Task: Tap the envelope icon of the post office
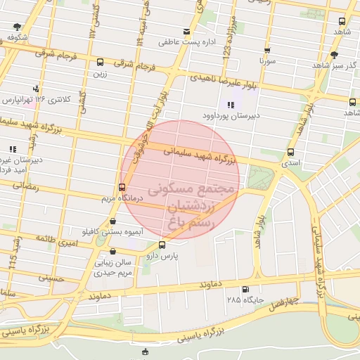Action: pyautogui.click(x=186, y=31)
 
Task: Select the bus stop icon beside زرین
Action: pyautogui.click(x=100, y=62)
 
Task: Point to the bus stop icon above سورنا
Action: pyautogui.click(x=267, y=51)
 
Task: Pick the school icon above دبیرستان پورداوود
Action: pyautogui.click(x=231, y=104)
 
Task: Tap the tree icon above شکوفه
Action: pyautogui.click(x=17, y=27)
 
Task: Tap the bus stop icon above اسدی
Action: pyautogui.click(x=290, y=152)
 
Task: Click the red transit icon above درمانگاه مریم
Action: pyautogui.click(x=122, y=188)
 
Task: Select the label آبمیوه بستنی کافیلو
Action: pyautogui.click(x=112, y=231)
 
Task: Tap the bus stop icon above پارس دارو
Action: pyautogui.click(x=163, y=245)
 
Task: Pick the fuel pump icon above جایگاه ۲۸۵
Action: pyautogui.click(x=245, y=290)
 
